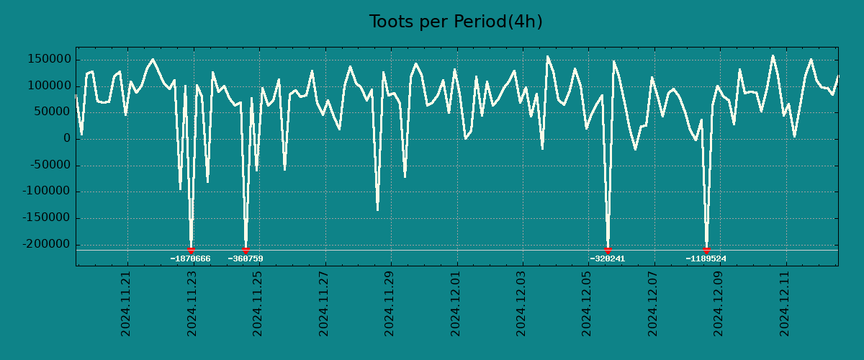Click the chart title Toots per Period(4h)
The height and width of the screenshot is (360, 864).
456,22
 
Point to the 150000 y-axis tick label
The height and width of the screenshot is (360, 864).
48,59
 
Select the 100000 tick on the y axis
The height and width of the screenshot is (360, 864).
48,86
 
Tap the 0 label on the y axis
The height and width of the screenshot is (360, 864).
66,139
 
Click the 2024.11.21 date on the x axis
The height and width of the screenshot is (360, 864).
126,303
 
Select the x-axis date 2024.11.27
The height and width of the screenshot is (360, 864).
324,303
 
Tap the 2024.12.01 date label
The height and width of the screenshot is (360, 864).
456,303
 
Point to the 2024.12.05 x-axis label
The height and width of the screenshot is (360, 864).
588,303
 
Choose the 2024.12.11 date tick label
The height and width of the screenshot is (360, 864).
786,303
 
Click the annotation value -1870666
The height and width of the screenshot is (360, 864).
191,259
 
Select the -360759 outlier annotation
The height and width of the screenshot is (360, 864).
246,259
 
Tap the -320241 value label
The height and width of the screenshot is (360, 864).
607,259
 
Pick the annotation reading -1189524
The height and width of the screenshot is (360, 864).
706,259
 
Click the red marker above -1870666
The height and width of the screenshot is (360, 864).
191,251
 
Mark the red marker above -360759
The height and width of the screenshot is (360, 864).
246,251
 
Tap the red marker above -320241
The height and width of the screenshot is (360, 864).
608,251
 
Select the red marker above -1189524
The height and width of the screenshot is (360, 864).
706,251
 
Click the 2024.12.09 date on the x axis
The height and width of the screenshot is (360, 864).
720,303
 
